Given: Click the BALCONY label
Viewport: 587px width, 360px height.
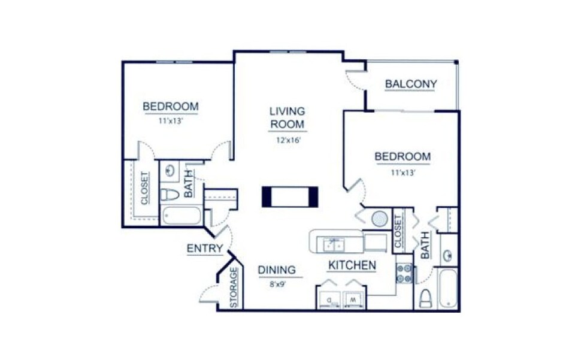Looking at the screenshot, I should pyautogui.click(x=410, y=84).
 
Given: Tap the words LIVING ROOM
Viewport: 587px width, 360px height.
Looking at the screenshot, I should pyautogui.click(x=287, y=117).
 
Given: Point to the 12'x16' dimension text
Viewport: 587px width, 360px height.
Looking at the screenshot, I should pyautogui.click(x=288, y=141).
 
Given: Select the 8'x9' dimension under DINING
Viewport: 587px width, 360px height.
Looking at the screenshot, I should pyautogui.click(x=277, y=284).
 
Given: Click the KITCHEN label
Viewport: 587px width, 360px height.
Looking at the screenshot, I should pyautogui.click(x=352, y=265).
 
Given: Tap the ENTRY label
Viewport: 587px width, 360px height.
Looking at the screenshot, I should pyautogui.click(x=205, y=249).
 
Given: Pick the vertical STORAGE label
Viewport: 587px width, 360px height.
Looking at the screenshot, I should pyautogui.click(x=234, y=288).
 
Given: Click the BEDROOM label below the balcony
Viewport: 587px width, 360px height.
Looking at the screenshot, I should pyautogui.click(x=402, y=157).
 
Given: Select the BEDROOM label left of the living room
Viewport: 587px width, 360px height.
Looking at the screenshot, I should pyautogui.click(x=170, y=107).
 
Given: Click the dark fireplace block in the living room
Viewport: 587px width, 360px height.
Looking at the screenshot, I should pyautogui.click(x=291, y=197).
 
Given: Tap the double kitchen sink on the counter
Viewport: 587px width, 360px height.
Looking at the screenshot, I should pyautogui.click(x=333, y=244).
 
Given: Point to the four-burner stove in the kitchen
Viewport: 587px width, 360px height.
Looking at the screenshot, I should pyautogui.click(x=404, y=274).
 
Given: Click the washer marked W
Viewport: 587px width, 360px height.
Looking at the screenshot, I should pyautogui.click(x=354, y=299).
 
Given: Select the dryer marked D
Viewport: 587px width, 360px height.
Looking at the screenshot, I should pyautogui.click(x=329, y=299).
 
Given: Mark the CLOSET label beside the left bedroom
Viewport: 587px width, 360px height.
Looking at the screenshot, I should pyautogui.click(x=145, y=189).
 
